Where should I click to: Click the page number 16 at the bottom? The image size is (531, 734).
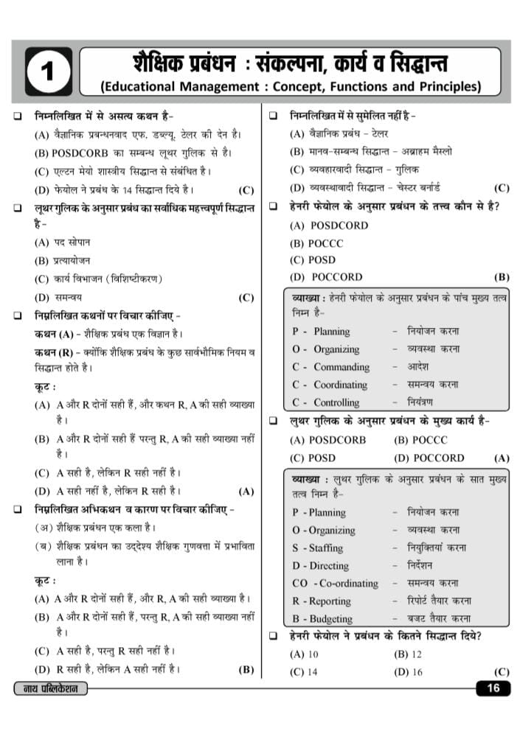click(493, 688)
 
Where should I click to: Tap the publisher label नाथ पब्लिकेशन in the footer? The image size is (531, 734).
click(51, 689)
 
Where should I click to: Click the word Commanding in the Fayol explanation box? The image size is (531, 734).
click(341, 367)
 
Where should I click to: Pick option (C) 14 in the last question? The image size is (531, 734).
click(304, 671)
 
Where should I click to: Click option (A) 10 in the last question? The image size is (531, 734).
click(304, 654)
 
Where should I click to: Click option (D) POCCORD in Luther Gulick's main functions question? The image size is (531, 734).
click(429, 458)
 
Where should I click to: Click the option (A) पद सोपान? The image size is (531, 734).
click(63, 242)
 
